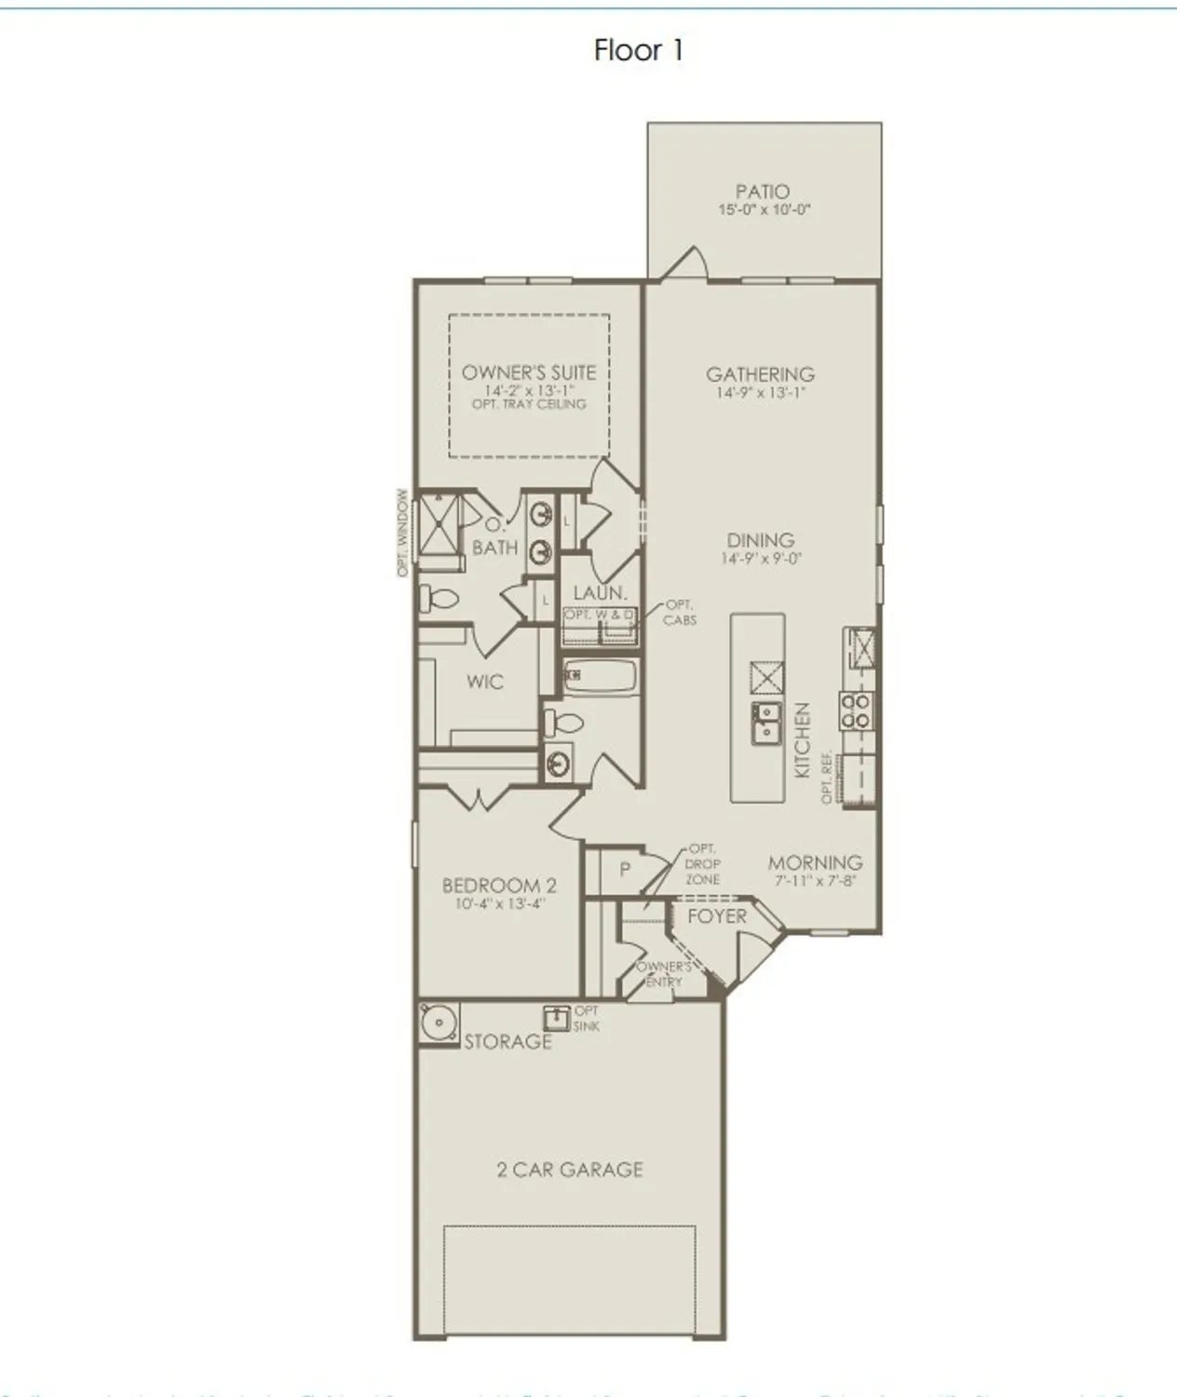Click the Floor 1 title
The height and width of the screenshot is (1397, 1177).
(x=639, y=50)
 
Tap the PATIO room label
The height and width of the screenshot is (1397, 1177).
(x=763, y=192)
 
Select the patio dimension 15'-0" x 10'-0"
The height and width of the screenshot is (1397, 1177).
(x=764, y=210)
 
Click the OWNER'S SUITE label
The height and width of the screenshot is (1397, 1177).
(x=529, y=373)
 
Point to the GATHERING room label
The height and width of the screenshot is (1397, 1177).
(x=760, y=374)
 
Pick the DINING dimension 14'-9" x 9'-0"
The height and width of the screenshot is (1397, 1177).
(x=761, y=559)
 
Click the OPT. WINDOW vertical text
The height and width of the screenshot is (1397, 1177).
(x=403, y=533)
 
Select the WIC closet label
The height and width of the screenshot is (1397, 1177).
(x=484, y=682)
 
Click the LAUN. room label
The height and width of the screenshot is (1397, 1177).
(x=600, y=592)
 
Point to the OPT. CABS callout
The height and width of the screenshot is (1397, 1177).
(x=680, y=613)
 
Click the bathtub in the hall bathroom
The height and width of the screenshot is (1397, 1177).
(x=601, y=675)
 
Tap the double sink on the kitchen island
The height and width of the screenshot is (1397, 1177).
(x=766, y=723)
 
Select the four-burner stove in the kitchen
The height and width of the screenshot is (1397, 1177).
(x=857, y=712)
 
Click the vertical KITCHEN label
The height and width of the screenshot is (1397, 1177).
(x=802, y=740)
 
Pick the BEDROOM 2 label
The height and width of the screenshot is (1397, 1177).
(x=498, y=886)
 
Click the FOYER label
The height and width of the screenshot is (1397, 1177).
(x=717, y=916)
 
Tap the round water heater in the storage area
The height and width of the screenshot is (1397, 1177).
(x=437, y=1023)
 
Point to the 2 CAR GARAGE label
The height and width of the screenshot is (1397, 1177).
(x=570, y=1170)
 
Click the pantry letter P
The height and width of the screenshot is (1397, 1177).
(x=626, y=869)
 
